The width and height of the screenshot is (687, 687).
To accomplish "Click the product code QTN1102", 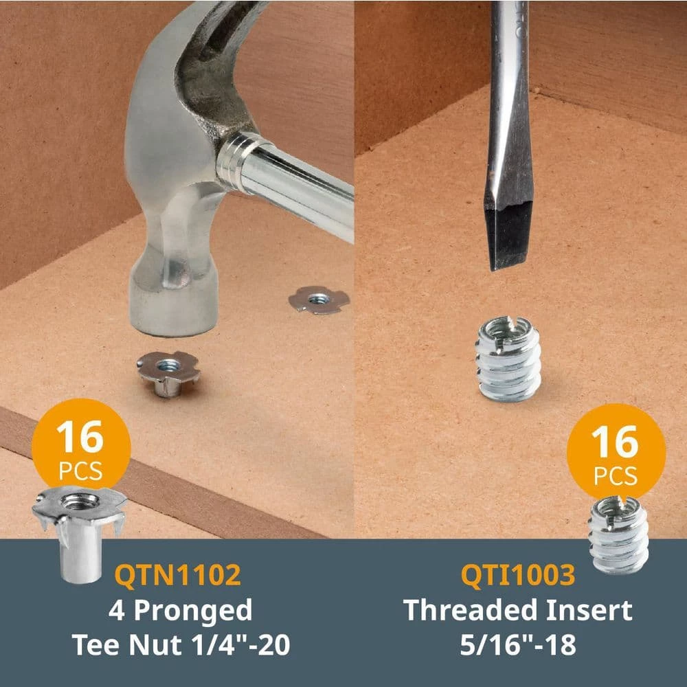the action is click(x=177, y=574).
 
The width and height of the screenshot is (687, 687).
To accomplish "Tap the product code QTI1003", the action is click(x=518, y=574).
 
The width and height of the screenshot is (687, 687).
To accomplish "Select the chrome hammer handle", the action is click(x=289, y=184).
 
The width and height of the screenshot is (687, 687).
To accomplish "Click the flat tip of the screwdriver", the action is click(x=508, y=263).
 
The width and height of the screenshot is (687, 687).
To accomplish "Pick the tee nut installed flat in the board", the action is click(x=319, y=300).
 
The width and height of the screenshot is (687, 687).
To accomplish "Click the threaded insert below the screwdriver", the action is click(x=508, y=359).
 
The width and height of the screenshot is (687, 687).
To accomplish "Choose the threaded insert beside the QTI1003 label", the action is click(x=618, y=534).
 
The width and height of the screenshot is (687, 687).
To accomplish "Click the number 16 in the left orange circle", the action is click(x=80, y=437).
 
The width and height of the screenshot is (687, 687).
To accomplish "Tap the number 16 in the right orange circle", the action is click(x=615, y=442).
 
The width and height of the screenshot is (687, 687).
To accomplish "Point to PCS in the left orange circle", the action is click(x=80, y=471).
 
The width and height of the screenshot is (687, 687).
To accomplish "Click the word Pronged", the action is click(x=193, y=611).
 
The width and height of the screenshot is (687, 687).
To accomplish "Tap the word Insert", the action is click(x=589, y=609).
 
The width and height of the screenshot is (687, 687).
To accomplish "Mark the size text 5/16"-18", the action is click(x=518, y=645).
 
